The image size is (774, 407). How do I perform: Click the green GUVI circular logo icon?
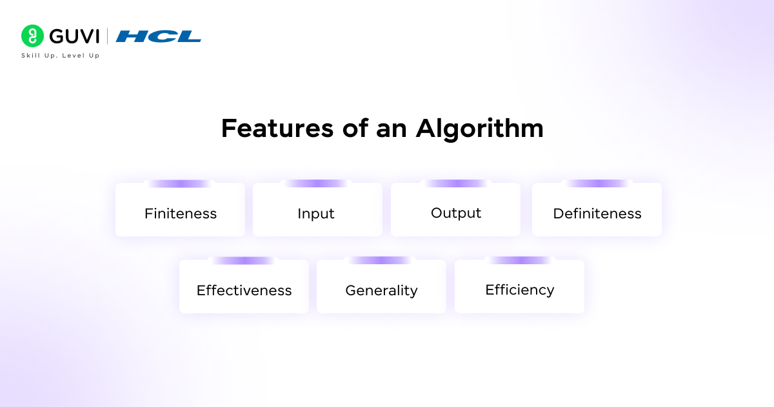pyautogui.click(x=32, y=36)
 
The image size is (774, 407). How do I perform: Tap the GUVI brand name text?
pyautogui.click(x=73, y=36)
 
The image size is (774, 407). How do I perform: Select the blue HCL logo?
pyautogui.click(x=159, y=36)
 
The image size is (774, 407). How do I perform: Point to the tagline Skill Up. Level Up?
pyautogui.click(x=61, y=56)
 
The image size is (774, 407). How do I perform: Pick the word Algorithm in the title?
pyautogui.click(x=479, y=129)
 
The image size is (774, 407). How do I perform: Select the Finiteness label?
pyautogui.click(x=181, y=214)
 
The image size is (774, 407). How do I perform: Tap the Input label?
pyautogui.click(x=316, y=214)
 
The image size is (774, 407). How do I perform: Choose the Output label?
pyautogui.click(x=456, y=213)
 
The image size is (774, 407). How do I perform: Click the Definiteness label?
pyautogui.click(x=597, y=214)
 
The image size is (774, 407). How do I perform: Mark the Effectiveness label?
pyautogui.click(x=244, y=291)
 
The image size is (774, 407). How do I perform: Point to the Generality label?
pyautogui.click(x=381, y=291)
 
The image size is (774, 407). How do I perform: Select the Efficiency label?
pyautogui.click(x=519, y=290)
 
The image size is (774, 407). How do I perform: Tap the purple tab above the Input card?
pyautogui.click(x=317, y=183)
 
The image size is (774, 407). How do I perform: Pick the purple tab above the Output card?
pyautogui.click(x=455, y=183)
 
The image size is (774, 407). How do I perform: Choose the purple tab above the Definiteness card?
pyautogui.click(x=597, y=183)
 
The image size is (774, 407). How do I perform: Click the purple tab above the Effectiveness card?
pyautogui.click(x=243, y=260)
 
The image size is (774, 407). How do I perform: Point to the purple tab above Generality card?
pyautogui.click(x=381, y=260)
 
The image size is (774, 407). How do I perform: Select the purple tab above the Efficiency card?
pyautogui.click(x=519, y=260)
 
